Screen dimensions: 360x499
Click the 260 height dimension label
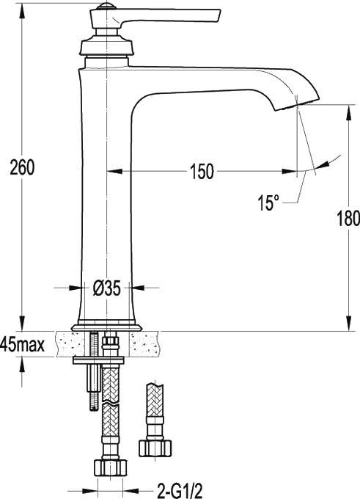(x=22, y=168)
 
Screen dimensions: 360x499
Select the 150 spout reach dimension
(x=202, y=172)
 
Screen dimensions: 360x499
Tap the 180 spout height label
(x=348, y=219)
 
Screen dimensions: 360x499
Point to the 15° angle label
(x=268, y=203)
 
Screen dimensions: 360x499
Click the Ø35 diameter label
(x=107, y=288)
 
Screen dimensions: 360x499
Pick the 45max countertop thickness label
(x=22, y=344)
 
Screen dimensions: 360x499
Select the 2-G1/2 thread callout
(x=180, y=491)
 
